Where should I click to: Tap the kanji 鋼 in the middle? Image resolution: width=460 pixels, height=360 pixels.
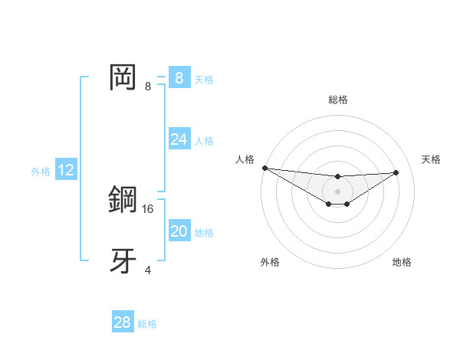(123, 200)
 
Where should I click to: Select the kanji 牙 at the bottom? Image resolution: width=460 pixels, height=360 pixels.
(123, 261)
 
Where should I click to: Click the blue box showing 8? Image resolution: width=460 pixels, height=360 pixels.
(179, 78)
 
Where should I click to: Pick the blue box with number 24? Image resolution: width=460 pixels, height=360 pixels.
(179, 139)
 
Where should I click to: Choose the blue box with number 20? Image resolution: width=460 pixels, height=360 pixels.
(179, 231)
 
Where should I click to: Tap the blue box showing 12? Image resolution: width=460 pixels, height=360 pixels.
(65, 170)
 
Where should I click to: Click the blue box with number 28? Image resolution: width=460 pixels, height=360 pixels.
(122, 322)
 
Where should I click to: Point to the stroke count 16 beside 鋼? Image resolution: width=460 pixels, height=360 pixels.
(149, 208)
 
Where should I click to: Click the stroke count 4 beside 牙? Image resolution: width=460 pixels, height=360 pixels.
(148, 270)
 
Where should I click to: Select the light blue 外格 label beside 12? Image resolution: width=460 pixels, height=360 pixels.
(41, 172)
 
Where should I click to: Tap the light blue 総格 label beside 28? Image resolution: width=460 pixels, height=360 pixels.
(147, 324)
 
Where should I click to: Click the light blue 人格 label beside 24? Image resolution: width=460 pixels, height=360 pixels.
(204, 141)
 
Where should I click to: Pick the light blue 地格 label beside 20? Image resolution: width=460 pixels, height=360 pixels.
(204, 233)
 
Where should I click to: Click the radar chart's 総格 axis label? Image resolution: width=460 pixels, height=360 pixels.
(338, 100)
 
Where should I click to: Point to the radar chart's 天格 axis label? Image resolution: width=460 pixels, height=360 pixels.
(431, 159)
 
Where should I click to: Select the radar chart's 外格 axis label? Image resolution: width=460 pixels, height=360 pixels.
(270, 262)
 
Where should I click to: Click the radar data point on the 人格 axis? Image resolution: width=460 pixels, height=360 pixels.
(264, 168)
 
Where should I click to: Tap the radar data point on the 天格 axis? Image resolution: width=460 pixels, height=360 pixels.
(396, 172)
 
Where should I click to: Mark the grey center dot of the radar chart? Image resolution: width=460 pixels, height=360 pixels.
(338, 191)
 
